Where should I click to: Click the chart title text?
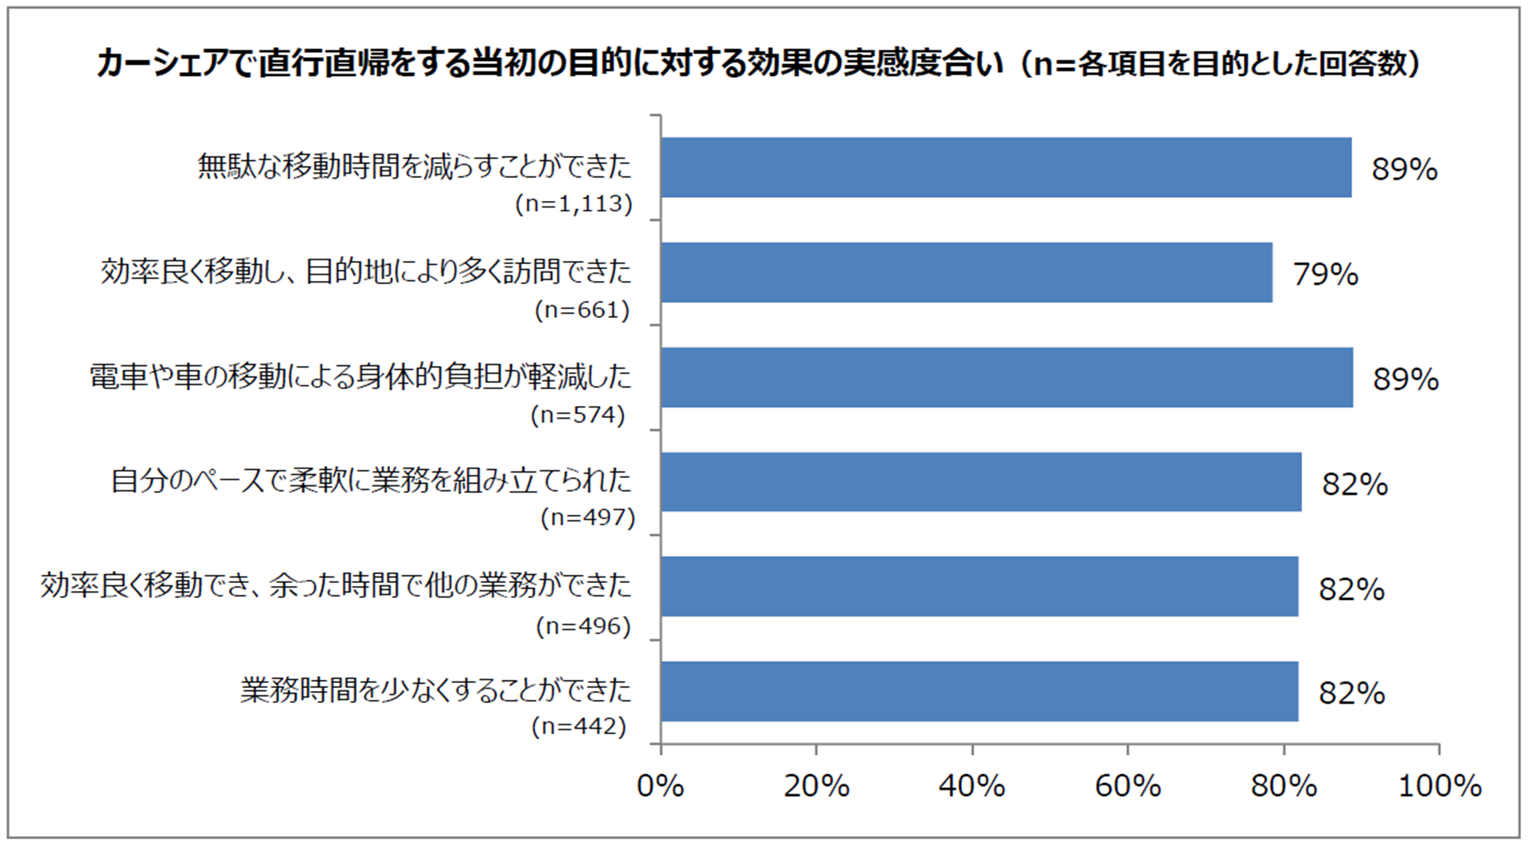click(x=758, y=63)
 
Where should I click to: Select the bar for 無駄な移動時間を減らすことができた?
click(x=1006, y=167)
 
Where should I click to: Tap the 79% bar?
click(x=966, y=272)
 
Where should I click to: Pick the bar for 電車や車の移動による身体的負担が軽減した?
click(x=1007, y=377)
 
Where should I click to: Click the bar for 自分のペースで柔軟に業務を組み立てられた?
click(x=981, y=482)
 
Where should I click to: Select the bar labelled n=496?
click(x=980, y=586)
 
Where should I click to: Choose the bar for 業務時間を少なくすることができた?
click(x=980, y=691)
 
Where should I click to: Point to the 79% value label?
click(x=1326, y=275)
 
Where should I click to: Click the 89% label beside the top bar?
click(x=1404, y=170)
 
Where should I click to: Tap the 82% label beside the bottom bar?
click(x=1351, y=693)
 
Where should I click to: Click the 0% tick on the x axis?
click(x=660, y=786)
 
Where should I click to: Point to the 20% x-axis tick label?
click(x=816, y=786)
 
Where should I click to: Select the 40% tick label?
click(x=972, y=786)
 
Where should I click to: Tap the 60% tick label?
click(x=1128, y=786)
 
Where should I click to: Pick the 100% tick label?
click(x=1439, y=786)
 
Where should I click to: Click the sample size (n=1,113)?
click(x=573, y=204)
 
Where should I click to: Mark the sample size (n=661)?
click(x=582, y=310)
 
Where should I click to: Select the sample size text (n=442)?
click(x=578, y=726)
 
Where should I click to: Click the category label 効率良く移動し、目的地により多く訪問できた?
click(x=366, y=272)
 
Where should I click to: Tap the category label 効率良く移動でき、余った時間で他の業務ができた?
click(x=336, y=586)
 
